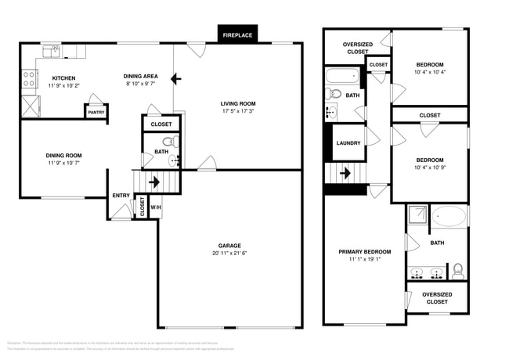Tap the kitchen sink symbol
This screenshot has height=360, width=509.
(x=51, y=52)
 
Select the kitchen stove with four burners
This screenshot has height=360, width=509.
(x=29, y=78)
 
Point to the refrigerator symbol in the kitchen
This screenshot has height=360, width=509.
(x=29, y=106)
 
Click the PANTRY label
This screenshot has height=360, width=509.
(x=96, y=112)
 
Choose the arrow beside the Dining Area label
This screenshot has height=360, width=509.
(x=177, y=78)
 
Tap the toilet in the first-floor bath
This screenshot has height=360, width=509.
(x=175, y=143)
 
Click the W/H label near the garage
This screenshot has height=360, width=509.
(x=155, y=207)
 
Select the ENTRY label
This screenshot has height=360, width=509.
(x=121, y=196)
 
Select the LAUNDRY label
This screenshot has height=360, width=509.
(x=348, y=143)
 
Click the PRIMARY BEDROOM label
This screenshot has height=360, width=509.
(x=364, y=252)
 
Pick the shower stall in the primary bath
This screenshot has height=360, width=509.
(x=416, y=215)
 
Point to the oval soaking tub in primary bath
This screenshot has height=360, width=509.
(x=448, y=216)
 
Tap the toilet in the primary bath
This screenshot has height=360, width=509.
(x=458, y=270)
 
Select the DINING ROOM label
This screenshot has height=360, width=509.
(x=63, y=155)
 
